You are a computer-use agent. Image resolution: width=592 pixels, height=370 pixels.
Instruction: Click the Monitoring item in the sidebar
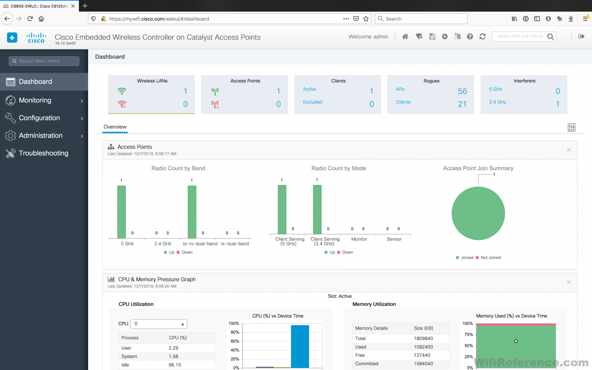pyautogui.click(x=35, y=100)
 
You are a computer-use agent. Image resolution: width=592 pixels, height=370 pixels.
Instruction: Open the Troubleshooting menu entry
pyautogui.click(x=43, y=153)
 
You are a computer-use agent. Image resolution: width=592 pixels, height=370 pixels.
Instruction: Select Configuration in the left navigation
pyautogui.click(x=39, y=118)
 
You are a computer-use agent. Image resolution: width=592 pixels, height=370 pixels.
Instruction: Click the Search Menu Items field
pyautogui.click(x=44, y=61)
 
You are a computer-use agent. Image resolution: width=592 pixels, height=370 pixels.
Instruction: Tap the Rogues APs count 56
pyautogui.click(x=462, y=91)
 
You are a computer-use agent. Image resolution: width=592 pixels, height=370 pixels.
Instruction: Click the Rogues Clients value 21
pyautogui.click(x=462, y=104)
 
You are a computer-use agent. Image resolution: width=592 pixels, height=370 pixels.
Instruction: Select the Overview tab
pyautogui.click(x=115, y=127)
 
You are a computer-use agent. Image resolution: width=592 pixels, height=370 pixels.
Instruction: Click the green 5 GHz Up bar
pyautogui.click(x=121, y=212)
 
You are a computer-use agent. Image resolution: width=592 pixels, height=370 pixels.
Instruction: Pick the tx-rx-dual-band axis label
pyautogui.click(x=200, y=244)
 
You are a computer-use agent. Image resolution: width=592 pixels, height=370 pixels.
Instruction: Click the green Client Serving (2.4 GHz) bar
pyautogui.click(x=317, y=209)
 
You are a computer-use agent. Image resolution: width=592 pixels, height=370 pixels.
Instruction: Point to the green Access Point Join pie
pyautogui.click(x=478, y=213)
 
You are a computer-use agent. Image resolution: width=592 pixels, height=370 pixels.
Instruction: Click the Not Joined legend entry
pyautogui.click(x=490, y=258)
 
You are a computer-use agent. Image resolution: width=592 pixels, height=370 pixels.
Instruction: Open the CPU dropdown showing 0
pyautogui.click(x=159, y=324)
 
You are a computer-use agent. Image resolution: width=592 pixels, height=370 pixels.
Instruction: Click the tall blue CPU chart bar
pyautogui.click(x=300, y=346)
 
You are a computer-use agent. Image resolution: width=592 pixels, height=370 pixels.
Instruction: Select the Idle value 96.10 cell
pyautogui.click(x=175, y=365)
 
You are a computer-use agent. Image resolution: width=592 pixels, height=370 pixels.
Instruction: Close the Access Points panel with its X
pyautogui.click(x=569, y=150)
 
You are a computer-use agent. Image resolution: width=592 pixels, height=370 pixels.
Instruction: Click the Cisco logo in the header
pyautogui.click(x=36, y=37)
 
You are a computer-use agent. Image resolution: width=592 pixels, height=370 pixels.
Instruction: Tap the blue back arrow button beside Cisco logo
pyautogui.click(x=12, y=37)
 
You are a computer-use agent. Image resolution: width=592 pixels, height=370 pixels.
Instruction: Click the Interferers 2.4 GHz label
pyautogui.click(x=498, y=102)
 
